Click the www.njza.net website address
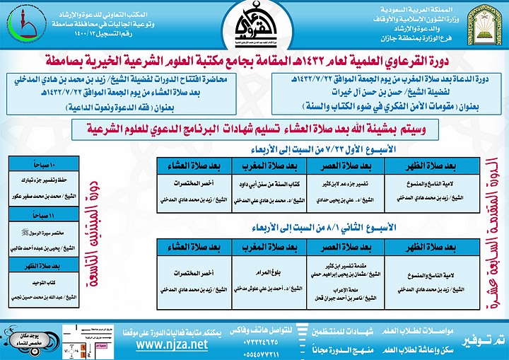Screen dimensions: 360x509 [x=172, y=344]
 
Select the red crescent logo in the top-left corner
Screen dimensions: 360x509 [x=21, y=25]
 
